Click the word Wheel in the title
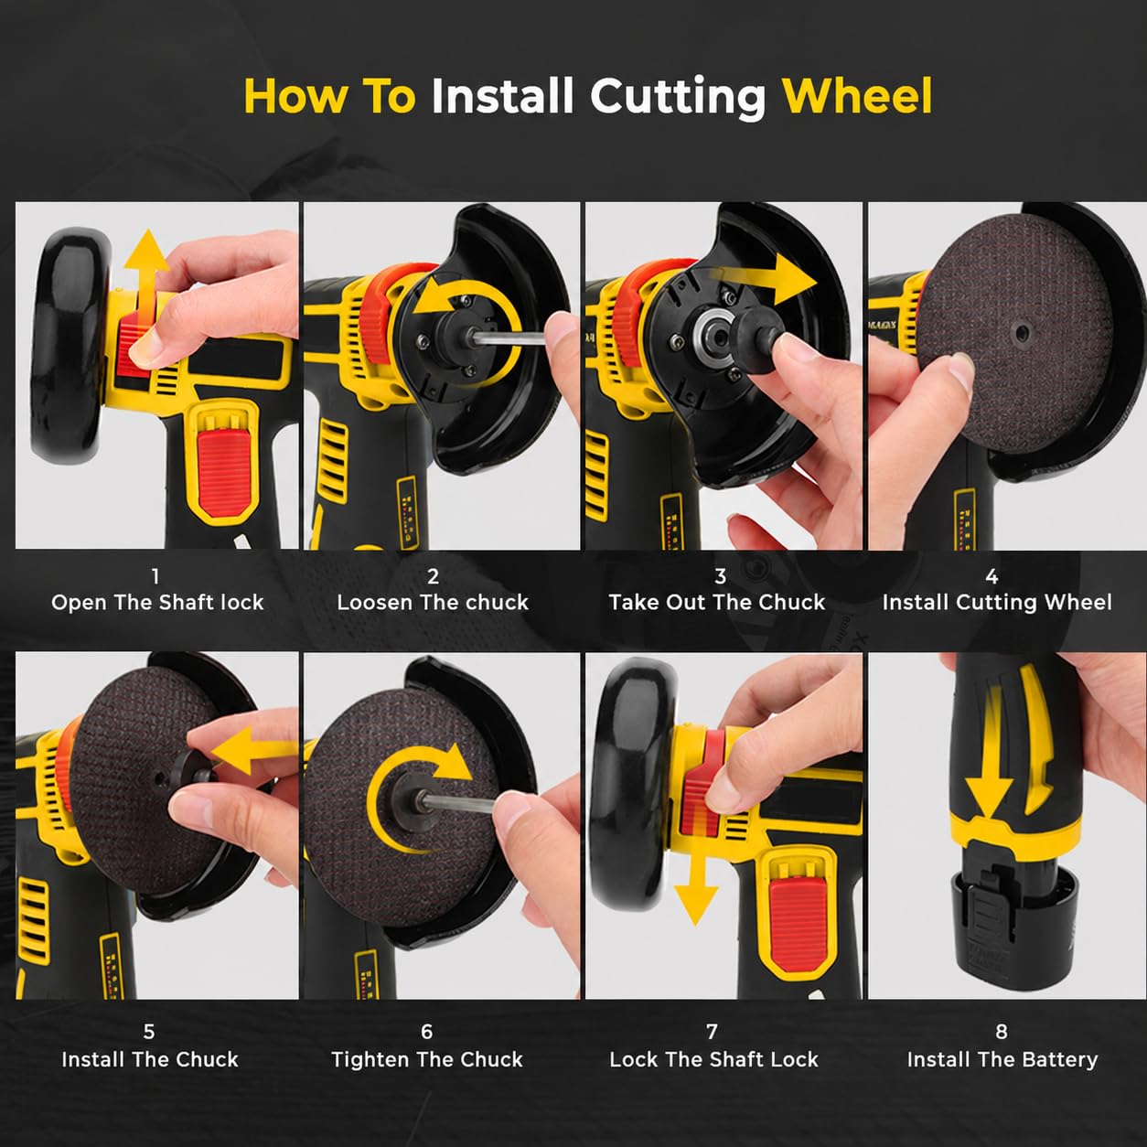(x=856, y=96)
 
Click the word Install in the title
(x=502, y=96)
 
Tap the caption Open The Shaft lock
(x=157, y=603)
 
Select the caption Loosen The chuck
(x=433, y=603)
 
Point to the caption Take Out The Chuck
(x=717, y=603)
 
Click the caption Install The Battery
(x=1002, y=1059)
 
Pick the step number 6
(x=427, y=1032)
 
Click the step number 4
(x=992, y=576)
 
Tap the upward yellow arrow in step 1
(x=146, y=280)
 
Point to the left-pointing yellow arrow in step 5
(x=253, y=751)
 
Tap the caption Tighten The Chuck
(x=427, y=1059)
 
